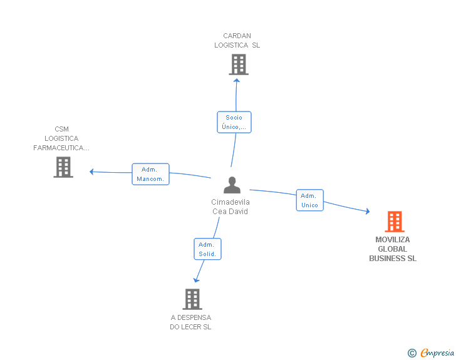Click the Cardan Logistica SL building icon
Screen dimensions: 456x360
tap(239, 64)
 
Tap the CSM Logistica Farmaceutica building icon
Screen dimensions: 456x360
tap(63, 167)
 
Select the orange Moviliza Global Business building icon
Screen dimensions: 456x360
tap(395, 222)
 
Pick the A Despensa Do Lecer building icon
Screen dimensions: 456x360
tap(192, 299)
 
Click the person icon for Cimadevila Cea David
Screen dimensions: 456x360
tap(232, 185)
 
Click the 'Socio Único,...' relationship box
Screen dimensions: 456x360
tap(234, 122)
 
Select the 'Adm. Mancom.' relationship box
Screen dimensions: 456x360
tap(150, 174)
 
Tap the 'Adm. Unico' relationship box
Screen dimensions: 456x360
tap(309, 200)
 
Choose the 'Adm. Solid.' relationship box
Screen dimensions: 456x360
tap(207, 249)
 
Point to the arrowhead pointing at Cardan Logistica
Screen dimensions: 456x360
tap(237, 81)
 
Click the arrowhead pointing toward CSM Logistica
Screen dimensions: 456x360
tap(91, 172)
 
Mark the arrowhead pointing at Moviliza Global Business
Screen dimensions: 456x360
tap(368, 212)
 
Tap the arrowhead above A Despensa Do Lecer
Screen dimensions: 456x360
tap(196, 280)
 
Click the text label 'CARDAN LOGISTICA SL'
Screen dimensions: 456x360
tap(237, 41)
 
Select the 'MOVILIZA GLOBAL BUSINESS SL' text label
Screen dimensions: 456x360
tap(393, 249)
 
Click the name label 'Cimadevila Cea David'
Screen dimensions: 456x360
tap(231, 207)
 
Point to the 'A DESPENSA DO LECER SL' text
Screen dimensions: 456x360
tap(191, 322)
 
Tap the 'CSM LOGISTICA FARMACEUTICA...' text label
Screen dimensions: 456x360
tap(61, 138)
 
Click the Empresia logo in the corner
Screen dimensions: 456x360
tap(437, 352)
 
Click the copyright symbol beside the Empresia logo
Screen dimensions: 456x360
tap(412, 353)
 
